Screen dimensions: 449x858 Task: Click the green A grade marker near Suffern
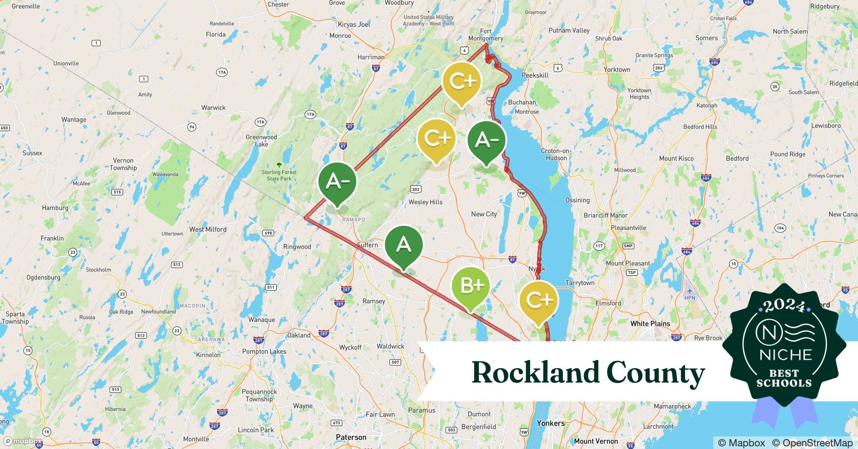[403, 245]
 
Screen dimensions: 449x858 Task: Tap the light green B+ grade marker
[470, 286]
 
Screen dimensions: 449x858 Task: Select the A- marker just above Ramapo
[337, 181]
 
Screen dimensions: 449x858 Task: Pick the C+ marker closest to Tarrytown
[538, 300]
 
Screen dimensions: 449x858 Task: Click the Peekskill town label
[535, 75]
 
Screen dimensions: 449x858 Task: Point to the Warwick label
[213, 108]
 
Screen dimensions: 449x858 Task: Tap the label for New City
[484, 214]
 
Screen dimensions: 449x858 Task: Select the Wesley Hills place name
[425, 202]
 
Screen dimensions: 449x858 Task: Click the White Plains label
[650, 324]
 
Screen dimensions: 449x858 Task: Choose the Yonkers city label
[550, 423]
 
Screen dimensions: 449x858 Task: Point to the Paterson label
[351, 437]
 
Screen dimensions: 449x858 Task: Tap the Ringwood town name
[297, 247]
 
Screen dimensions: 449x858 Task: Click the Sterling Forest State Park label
[279, 175]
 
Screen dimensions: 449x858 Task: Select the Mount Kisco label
[676, 158]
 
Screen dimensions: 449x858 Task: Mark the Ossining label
[577, 200]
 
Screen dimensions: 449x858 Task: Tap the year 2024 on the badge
[784, 306]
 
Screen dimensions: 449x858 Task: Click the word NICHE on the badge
[785, 355]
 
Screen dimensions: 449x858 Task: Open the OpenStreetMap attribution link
[812, 443]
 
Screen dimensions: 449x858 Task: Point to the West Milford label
[208, 229]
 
